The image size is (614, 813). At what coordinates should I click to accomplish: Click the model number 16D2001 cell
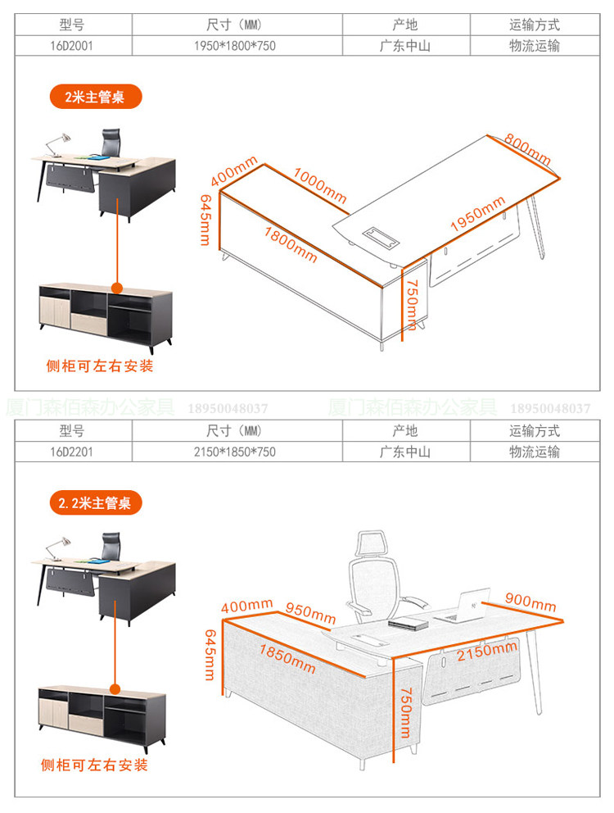point(72,46)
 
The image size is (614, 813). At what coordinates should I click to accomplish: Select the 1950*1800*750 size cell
point(234,46)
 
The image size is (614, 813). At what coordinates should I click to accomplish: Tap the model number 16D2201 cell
point(72,452)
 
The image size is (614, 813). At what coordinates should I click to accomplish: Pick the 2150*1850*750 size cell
point(234,452)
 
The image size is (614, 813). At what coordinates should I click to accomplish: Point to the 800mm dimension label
point(527,147)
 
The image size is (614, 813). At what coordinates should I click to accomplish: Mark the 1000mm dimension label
point(320,187)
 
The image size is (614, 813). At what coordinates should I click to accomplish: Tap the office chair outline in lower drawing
point(381,577)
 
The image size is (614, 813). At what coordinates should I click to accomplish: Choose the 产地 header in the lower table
point(404,431)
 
